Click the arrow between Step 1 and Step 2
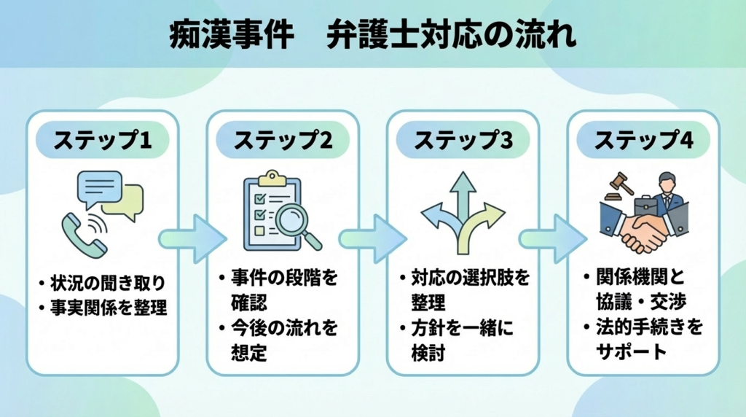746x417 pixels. pos(191,238)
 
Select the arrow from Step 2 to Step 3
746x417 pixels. pos(372,238)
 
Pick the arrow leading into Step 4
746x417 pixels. pos(552,238)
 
